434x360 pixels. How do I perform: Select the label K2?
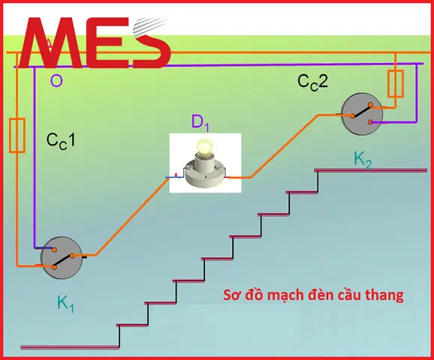[363, 160]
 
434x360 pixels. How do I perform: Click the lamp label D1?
[200, 122]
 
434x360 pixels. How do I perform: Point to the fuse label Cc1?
[61, 141]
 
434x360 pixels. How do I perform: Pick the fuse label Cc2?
[312, 82]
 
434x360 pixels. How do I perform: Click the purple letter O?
[56, 81]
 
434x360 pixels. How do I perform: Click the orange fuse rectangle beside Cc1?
[17, 136]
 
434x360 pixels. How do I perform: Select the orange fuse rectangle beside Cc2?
[395, 84]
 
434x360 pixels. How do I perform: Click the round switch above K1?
[61, 258]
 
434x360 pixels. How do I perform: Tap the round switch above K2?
[362, 114]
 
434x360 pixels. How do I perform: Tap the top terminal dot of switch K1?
[55, 250]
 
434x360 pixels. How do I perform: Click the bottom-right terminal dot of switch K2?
[370, 122]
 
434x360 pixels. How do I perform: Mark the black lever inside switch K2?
[361, 110]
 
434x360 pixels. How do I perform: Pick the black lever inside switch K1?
[63, 262]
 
